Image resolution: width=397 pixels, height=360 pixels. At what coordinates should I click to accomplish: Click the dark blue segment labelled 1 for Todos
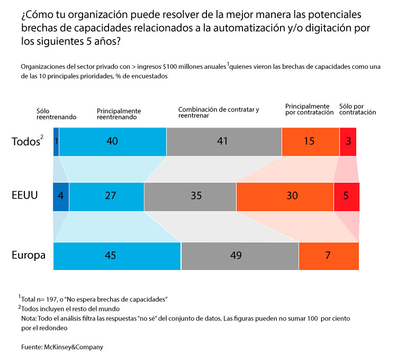(x=56, y=142)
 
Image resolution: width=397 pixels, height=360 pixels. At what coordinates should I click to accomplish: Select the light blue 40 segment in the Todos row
(x=112, y=142)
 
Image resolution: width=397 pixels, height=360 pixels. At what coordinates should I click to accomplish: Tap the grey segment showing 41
(x=224, y=142)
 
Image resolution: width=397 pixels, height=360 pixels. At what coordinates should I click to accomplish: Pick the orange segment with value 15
(x=310, y=142)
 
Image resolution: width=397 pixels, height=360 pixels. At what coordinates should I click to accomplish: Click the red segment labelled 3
(x=348, y=142)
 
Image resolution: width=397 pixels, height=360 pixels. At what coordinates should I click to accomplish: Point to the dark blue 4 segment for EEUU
(x=61, y=196)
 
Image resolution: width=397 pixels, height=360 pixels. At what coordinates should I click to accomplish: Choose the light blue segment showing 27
(x=106, y=196)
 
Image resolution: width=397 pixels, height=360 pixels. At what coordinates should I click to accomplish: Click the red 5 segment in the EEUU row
(x=346, y=196)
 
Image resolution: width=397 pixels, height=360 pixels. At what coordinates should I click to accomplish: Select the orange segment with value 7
(x=329, y=256)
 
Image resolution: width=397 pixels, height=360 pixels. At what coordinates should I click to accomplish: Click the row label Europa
(x=29, y=255)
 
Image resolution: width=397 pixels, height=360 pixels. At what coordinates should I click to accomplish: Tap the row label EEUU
(x=24, y=195)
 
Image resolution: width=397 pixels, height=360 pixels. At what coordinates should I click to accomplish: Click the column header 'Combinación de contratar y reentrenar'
(x=218, y=112)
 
